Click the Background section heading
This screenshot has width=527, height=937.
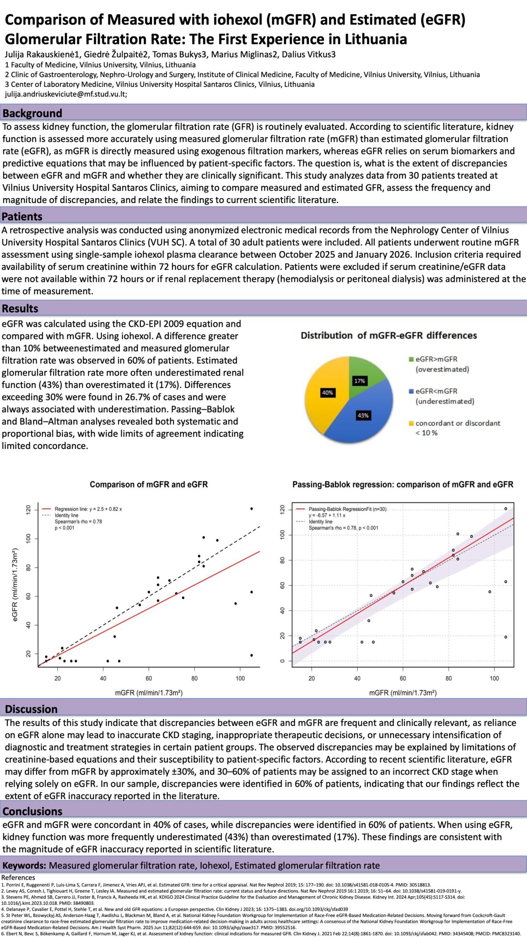[x=32, y=113]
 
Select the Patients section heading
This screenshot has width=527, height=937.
[x=22, y=216]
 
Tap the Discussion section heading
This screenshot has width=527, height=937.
[x=31, y=709]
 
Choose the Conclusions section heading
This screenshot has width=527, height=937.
[x=32, y=811]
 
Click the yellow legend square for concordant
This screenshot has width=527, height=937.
[x=411, y=423]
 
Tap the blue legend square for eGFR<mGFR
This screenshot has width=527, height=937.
[x=411, y=392]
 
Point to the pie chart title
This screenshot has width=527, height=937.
[x=389, y=335]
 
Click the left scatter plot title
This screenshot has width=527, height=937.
[x=149, y=484]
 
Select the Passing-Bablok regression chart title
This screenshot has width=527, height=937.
[x=403, y=484]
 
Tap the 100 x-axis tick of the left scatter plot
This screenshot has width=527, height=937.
[x=240, y=678]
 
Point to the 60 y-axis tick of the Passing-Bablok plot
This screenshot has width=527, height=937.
[x=282, y=585]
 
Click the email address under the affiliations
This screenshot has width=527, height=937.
[x=66, y=94]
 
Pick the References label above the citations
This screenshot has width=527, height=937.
[x=18, y=878]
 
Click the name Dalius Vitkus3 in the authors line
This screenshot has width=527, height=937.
[x=309, y=54]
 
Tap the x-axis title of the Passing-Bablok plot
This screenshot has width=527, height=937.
[x=403, y=693]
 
